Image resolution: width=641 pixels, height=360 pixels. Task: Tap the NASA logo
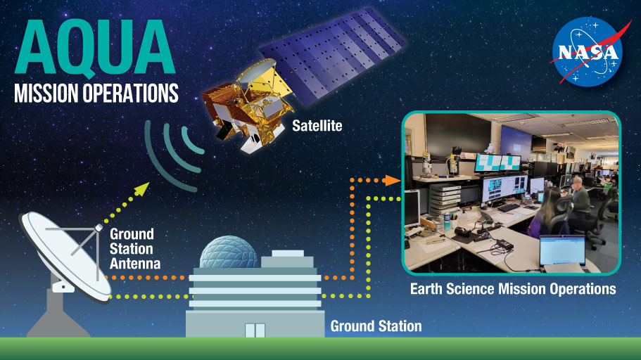[x=586, y=51]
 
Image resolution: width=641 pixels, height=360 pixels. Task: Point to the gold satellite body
[x=243, y=106]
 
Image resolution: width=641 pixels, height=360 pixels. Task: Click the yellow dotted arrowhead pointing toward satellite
[x=144, y=187]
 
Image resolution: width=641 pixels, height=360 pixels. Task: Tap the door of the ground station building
[x=254, y=330]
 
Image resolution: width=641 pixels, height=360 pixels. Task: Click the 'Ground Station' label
[x=376, y=326]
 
